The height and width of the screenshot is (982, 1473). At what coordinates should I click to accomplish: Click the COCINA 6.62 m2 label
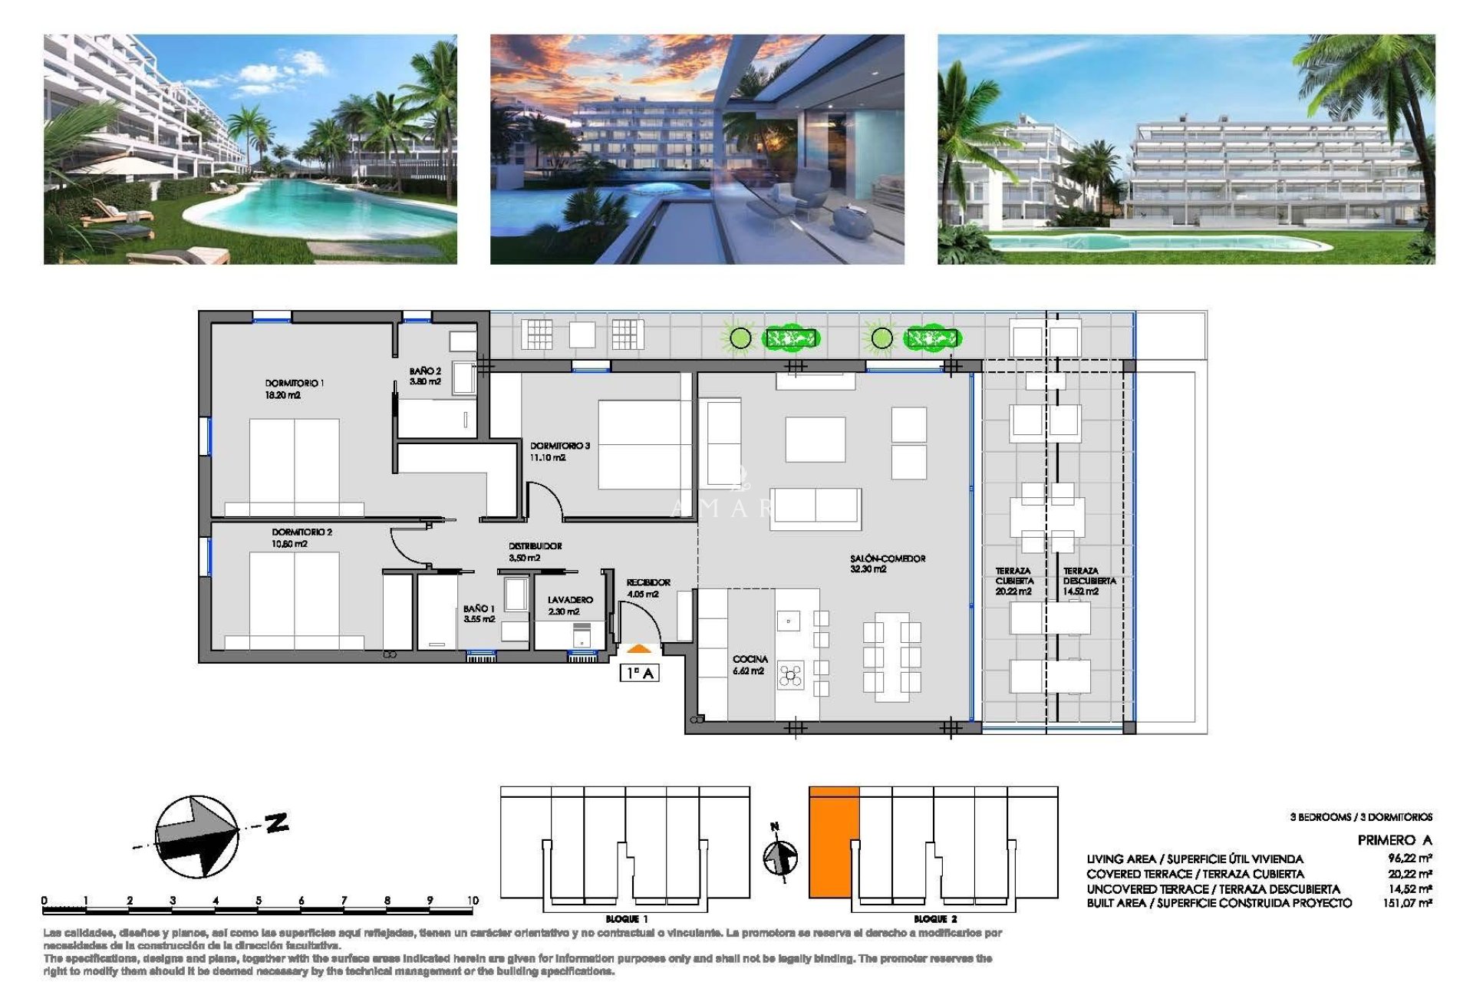(x=750, y=664)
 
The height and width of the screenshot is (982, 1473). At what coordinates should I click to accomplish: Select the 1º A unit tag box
(x=639, y=673)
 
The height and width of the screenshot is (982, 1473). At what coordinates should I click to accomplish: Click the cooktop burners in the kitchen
(x=791, y=675)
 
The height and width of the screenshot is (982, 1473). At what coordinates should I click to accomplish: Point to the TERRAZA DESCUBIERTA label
(x=1089, y=581)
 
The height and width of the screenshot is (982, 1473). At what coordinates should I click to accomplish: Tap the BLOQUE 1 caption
(x=627, y=918)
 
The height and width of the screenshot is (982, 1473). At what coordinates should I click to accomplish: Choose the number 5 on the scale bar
(x=259, y=900)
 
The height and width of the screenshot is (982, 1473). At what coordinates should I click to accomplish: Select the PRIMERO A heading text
(x=1394, y=840)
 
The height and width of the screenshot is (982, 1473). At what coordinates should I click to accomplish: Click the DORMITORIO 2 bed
(x=294, y=602)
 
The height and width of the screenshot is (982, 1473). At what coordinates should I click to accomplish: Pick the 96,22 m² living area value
(x=1409, y=858)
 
